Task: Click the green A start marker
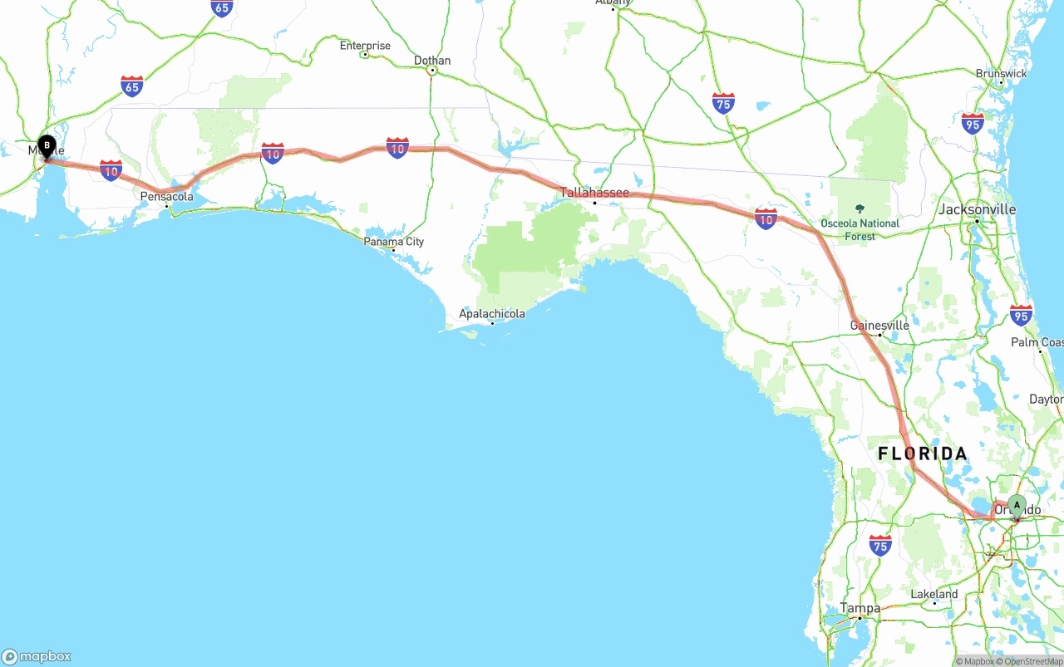[x=1016, y=505]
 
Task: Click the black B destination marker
[x=47, y=146]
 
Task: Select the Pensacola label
[x=166, y=197]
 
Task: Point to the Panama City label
[x=394, y=242]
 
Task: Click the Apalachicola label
[x=492, y=314]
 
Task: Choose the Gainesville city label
[x=879, y=326]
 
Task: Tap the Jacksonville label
[x=977, y=209]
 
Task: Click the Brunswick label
[x=1001, y=74]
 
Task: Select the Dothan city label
[x=432, y=61]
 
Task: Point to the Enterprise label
[x=365, y=46]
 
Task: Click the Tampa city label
[x=860, y=608]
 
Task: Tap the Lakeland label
[x=934, y=594]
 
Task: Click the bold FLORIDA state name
[x=923, y=454]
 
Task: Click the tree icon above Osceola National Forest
[x=860, y=208]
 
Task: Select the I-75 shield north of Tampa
[x=880, y=545]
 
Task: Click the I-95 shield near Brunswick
[x=973, y=124]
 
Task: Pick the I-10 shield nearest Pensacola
[x=111, y=170]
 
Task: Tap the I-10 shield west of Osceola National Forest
[x=766, y=219]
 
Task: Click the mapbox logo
[x=37, y=656]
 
